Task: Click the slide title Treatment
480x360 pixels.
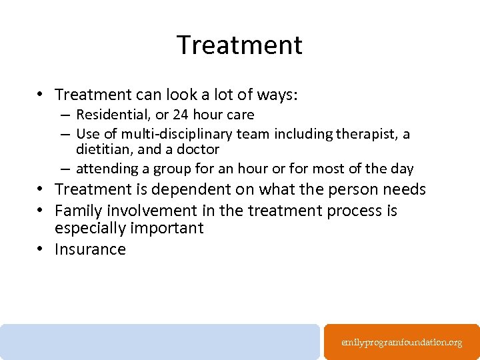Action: (239, 45)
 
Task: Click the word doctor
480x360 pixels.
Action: (197, 150)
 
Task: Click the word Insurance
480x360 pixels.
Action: (90, 249)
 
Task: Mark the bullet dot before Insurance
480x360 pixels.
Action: (41, 249)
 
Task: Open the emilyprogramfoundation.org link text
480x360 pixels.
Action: (401, 343)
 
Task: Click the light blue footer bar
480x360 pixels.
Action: (160, 341)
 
